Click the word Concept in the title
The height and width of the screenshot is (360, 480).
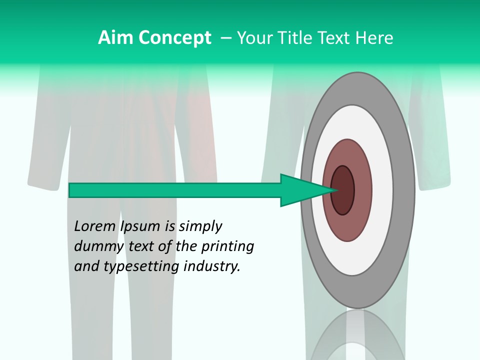tap(175, 37)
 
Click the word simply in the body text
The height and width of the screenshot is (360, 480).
tap(200, 226)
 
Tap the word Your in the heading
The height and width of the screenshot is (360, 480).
tap(254, 37)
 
